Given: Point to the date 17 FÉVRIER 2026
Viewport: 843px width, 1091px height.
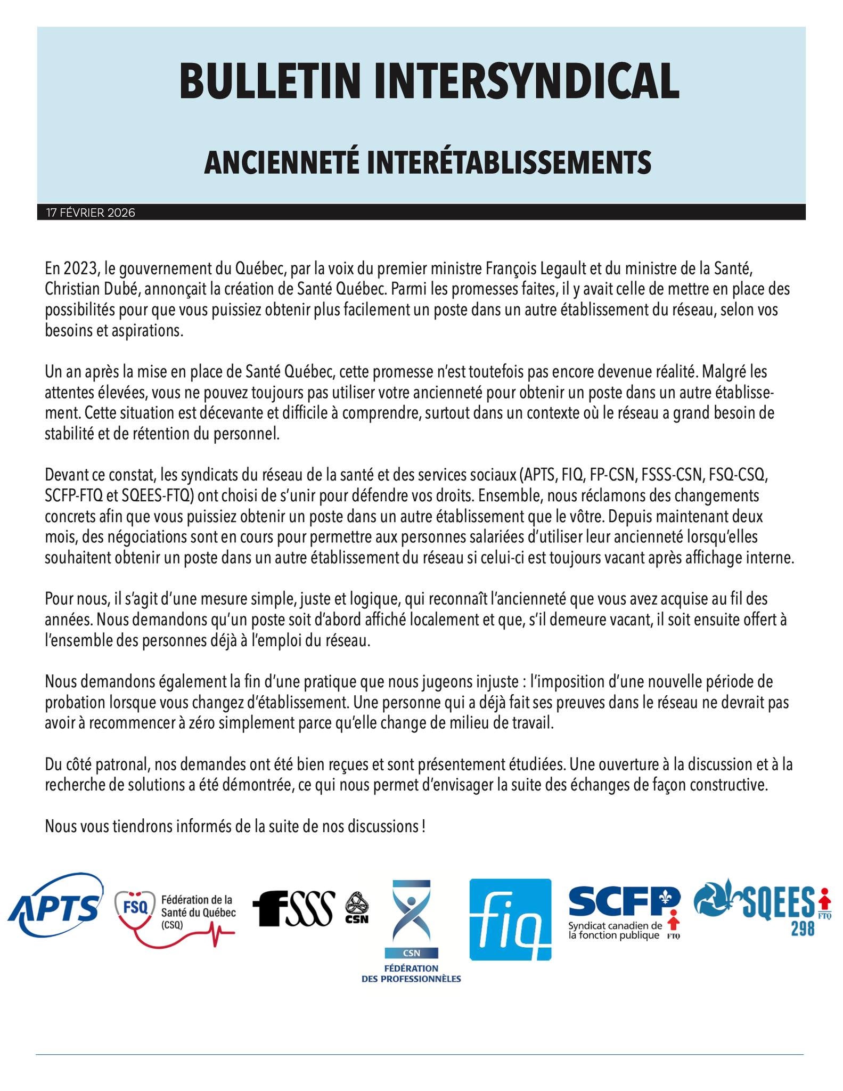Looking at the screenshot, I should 91,213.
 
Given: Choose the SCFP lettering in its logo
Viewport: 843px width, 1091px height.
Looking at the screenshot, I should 623,902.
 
